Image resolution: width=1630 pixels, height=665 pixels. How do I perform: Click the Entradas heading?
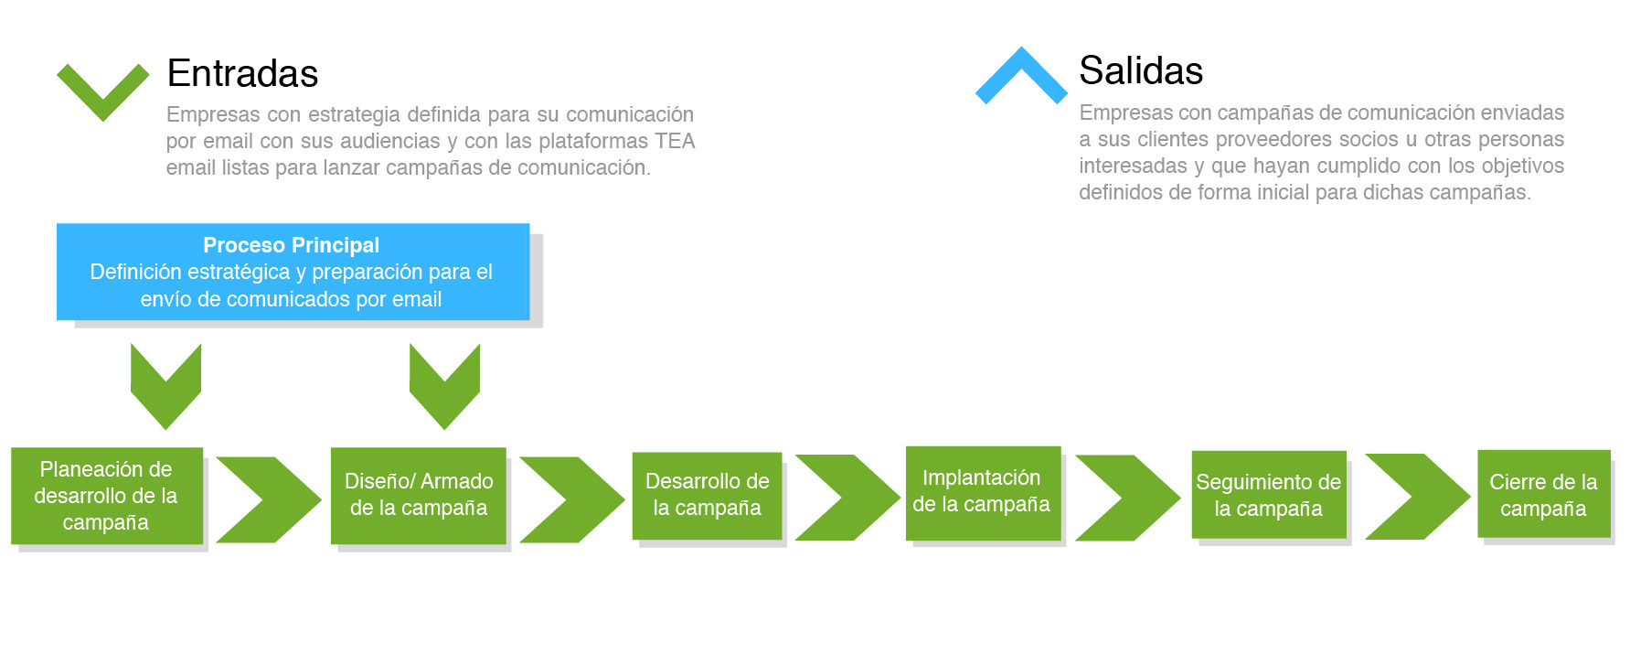[242, 73]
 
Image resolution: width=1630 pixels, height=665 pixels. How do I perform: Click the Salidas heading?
[1141, 70]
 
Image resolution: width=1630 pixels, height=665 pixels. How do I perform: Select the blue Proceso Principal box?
[293, 272]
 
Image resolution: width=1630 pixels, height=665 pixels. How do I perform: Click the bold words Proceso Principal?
[291, 245]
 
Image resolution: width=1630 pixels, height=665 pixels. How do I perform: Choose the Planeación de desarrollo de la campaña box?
[107, 496]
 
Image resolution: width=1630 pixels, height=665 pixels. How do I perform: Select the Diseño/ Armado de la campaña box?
[419, 496]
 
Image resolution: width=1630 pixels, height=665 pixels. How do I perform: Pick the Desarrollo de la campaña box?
[707, 496]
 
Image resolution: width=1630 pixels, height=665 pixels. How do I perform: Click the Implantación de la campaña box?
[983, 493]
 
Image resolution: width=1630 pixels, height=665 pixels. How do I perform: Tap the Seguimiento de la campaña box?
[1269, 495]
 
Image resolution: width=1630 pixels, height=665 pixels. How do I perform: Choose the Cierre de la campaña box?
[1544, 494]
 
